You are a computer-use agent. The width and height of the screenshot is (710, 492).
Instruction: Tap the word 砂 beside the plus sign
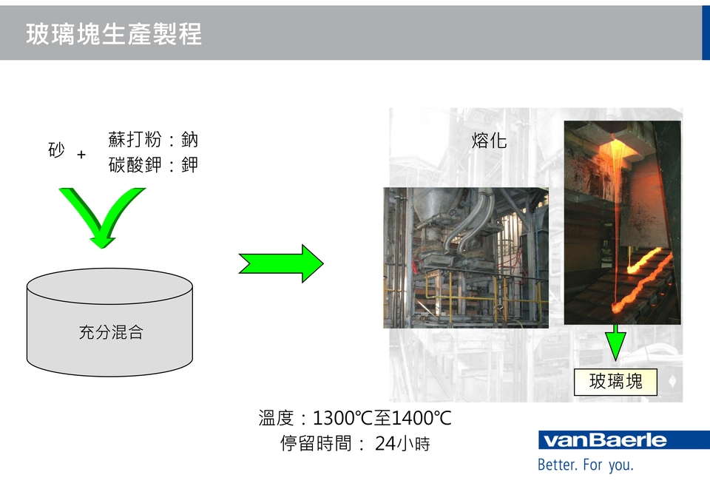click(x=56, y=151)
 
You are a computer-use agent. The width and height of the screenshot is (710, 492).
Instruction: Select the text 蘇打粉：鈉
click(x=153, y=140)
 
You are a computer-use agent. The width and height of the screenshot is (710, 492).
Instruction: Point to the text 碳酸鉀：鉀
click(x=153, y=164)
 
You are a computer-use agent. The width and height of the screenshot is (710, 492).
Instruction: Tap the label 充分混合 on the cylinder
click(x=111, y=332)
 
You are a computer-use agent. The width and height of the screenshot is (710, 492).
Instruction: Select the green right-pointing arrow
click(x=281, y=263)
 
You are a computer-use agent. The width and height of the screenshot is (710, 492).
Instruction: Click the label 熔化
click(x=490, y=141)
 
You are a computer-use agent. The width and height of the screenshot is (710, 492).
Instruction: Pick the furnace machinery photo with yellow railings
click(x=465, y=257)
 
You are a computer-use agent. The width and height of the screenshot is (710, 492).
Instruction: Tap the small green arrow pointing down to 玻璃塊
click(x=615, y=344)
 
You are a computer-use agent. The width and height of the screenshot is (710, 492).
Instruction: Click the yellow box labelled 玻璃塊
click(x=615, y=382)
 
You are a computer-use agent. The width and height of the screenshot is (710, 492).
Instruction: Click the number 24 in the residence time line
click(x=385, y=444)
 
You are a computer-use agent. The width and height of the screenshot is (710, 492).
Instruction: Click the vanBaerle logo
click(x=606, y=441)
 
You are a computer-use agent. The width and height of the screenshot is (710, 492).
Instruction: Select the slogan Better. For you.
click(x=585, y=465)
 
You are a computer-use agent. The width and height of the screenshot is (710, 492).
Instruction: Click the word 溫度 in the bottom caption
click(x=276, y=419)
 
